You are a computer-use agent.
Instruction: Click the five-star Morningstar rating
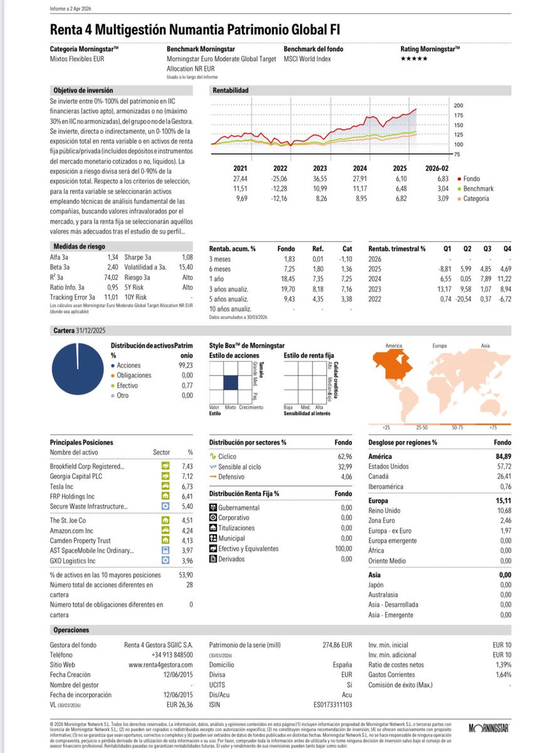point(414,58)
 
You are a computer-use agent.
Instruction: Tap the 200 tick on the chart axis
point(458,106)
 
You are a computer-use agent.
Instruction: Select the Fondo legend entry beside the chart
point(472,178)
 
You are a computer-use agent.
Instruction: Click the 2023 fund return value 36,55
point(320,178)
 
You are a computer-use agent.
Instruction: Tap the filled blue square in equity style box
point(231,382)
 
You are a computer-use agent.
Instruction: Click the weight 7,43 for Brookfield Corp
point(187,467)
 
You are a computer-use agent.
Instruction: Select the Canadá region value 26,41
point(503,477)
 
